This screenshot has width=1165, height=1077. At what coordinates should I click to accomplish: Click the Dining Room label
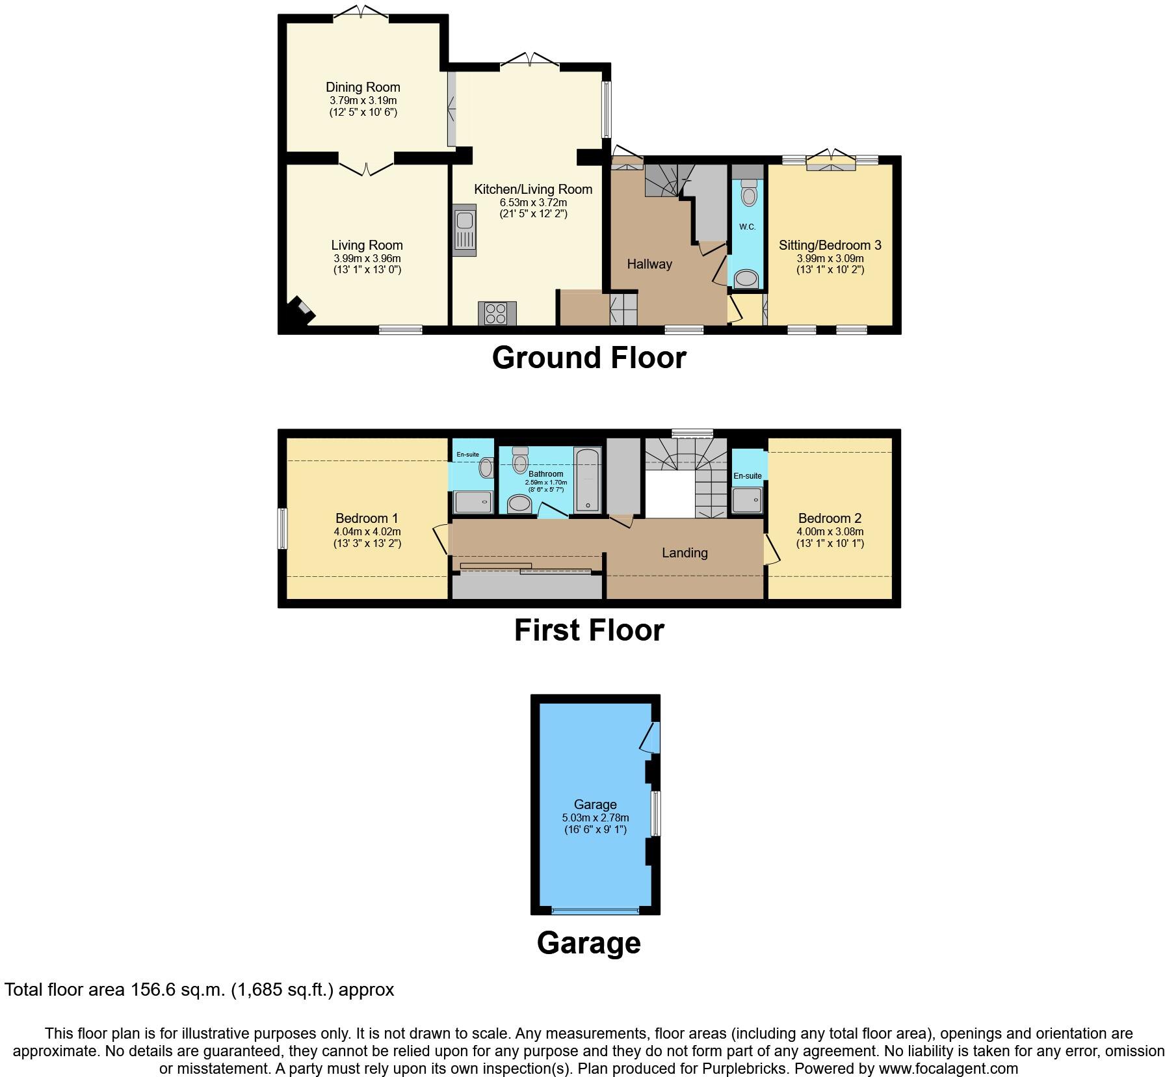[x=363, y=87]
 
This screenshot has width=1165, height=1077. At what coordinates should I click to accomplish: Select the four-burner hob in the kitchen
[x=497, y=313]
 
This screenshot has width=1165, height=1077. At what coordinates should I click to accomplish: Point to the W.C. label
[x=747, y=227]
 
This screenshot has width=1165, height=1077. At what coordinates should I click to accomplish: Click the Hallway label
[x=649, y=264]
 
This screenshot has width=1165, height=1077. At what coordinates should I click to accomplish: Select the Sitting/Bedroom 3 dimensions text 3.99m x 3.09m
[x=830, y=258]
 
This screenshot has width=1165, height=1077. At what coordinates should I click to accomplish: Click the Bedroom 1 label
[x=367, y=518]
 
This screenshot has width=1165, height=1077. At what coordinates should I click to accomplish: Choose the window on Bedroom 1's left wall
[x=283, y=528]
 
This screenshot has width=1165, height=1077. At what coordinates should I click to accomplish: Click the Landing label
[x=685, y=553]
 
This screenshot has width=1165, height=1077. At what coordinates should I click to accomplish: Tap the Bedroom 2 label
[x=830, y=518]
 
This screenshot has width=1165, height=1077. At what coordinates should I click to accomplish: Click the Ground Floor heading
[x=589, y=358]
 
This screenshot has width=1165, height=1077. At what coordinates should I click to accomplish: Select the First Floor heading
[x=589, y=630]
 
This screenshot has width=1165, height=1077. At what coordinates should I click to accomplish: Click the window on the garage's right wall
[x=656, y=813]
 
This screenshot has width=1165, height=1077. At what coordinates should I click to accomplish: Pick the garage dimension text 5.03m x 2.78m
[x=595, y=818]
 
